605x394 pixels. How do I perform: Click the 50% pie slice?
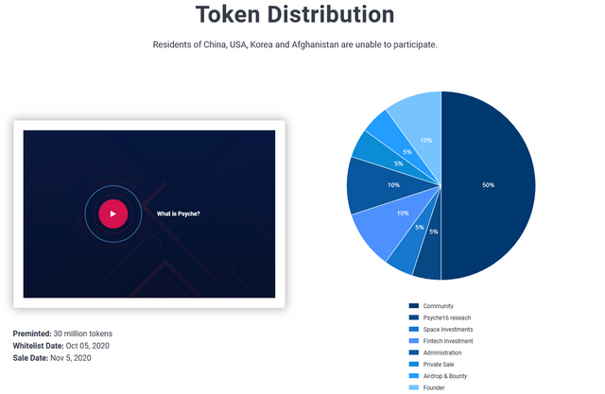pyautogui.click(x=489, y=185)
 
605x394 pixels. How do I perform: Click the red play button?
pyautogui.click(x=113, y=214)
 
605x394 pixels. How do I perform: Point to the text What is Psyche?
pyautogui.click(x=179, y=214)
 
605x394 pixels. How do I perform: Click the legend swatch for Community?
pyautogui.click(x=414, y=306)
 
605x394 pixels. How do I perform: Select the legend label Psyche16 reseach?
pyautogui.click(x=447, y=318)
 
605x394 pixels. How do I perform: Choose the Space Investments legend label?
pyautogui.click(x=448, y=330)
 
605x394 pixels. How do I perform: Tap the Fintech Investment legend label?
pyautogui.click(x=448, y=341)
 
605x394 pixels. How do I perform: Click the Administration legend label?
pyautogui.click(x=442, y=352)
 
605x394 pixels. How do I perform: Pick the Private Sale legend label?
pyautogui.click(x=439, y=365)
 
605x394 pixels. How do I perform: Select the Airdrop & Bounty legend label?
pyautogui.click(x=445, y=376)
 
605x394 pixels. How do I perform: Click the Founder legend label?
pyautogui.click(x=434, y=387)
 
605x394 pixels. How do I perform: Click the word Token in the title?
pyautogui.click(x=228, y=15)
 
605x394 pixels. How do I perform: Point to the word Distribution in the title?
pyautogui.click(x=331, y=15)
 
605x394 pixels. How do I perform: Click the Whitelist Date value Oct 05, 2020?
pyautogui.click(x=88, y=346)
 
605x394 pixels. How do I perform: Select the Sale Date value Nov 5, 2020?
pyautogui.click(x=71, y=358)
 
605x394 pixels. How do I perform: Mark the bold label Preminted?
pyautogui.click(x=32, y=334)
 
